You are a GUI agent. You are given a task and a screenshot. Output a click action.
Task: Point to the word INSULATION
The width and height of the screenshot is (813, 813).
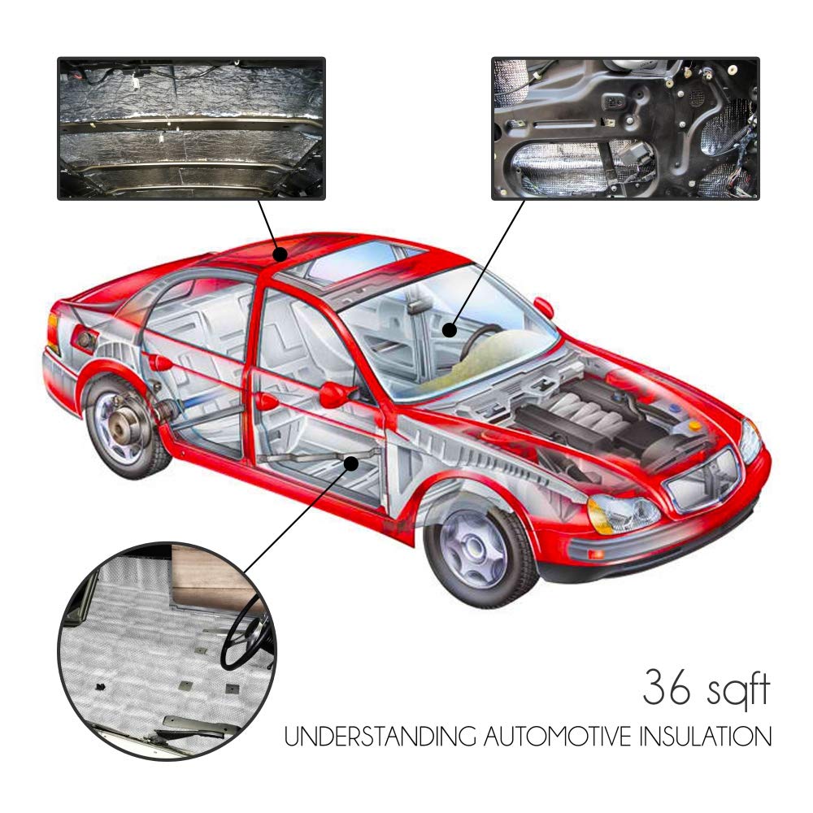pyautogui.click(x=705, y=737)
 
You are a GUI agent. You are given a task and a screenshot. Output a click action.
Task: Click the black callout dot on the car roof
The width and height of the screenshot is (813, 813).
pyautogui.click(x=280, y=254)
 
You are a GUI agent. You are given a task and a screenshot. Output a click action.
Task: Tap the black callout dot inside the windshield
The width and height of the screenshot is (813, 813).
pyautogui.click(x=450, y=330)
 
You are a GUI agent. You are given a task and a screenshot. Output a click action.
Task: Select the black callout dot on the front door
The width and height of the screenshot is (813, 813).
pyautogui.click(x=351, y=463)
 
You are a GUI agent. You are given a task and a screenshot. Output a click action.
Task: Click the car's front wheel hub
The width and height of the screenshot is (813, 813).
pyautogui.click(x=473, y=550)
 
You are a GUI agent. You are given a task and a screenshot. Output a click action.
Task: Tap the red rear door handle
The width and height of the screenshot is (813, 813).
pyautogui.click(x=159, y=363)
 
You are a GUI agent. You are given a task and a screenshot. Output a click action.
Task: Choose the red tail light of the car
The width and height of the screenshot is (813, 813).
pyautogui.click(x=52, y=333)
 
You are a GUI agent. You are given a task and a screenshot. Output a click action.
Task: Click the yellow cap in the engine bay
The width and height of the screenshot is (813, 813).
pyautogui.click(x=694, y=426)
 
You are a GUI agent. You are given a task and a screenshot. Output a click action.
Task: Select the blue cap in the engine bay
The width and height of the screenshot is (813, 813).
pyautogui.click(x=674, y=408)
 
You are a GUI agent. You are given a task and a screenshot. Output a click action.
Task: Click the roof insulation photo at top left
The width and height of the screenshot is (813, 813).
pyautogui.click(x=191, y=128)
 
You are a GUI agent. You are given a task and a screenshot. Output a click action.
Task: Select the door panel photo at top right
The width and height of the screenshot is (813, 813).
pyautogui.click(x=625, y=128)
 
